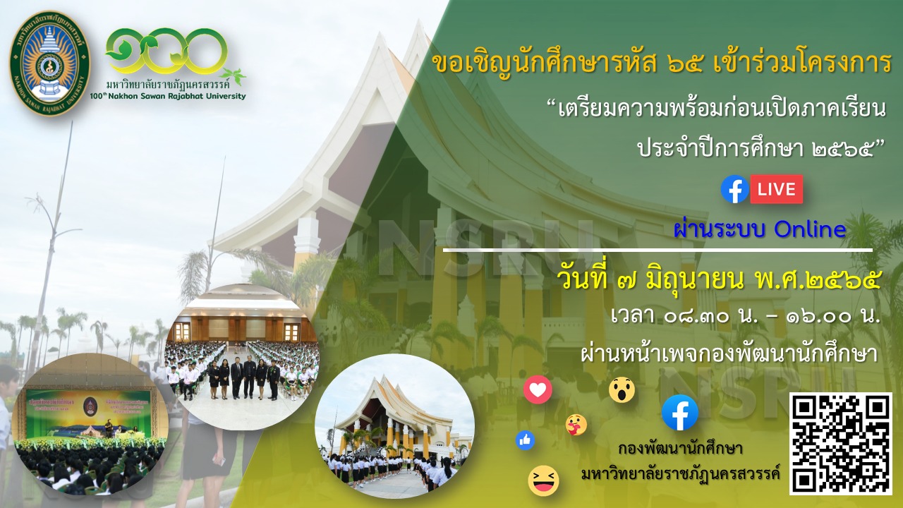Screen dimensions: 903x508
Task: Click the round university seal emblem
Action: coord(49,64)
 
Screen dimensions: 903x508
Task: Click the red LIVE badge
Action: coord(777,189)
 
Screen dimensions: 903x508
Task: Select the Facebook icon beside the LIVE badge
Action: coord(735,189)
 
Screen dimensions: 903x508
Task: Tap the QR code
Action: coord(840,444)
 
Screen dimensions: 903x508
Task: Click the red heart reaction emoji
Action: coord(538,389)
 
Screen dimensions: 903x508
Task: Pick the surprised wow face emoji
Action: coord(622,389)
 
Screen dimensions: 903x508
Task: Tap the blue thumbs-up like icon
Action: coord(526,440)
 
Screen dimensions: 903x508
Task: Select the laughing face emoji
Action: coord(543,480)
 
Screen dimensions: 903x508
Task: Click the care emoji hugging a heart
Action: coord(576,425)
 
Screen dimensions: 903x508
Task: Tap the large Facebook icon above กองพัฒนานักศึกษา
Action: coord(680,413)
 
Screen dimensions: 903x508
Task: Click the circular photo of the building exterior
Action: coord(394,426)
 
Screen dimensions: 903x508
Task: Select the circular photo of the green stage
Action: coord(90,424)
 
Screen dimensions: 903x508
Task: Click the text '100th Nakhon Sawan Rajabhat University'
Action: coord(168,97)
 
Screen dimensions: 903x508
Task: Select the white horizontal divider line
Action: coord(657,250)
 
